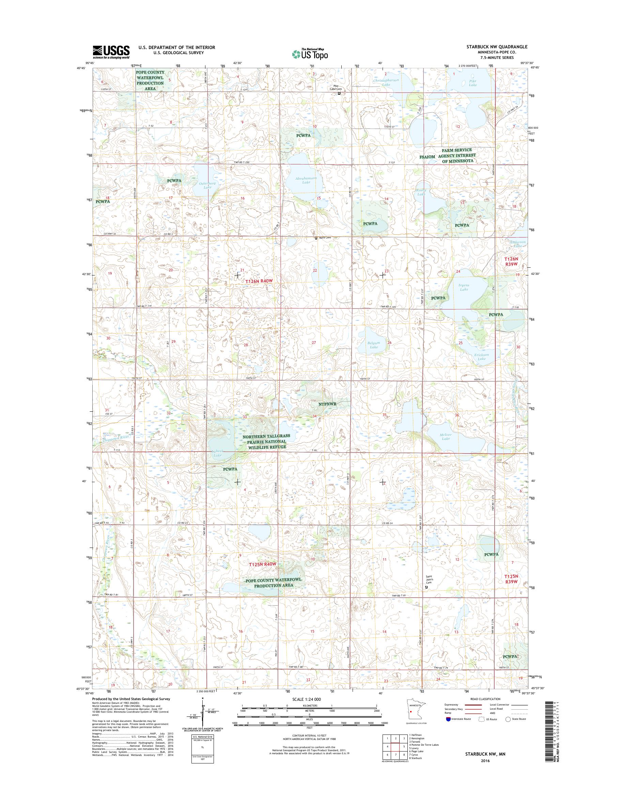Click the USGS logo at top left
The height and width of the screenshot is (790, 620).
(111, 52)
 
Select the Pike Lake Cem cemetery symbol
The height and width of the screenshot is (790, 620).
(339, 93)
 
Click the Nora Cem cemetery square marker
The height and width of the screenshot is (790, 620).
(316, 238)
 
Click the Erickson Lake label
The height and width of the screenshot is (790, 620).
(481, 357)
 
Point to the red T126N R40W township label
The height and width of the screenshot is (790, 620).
(259, 281)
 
